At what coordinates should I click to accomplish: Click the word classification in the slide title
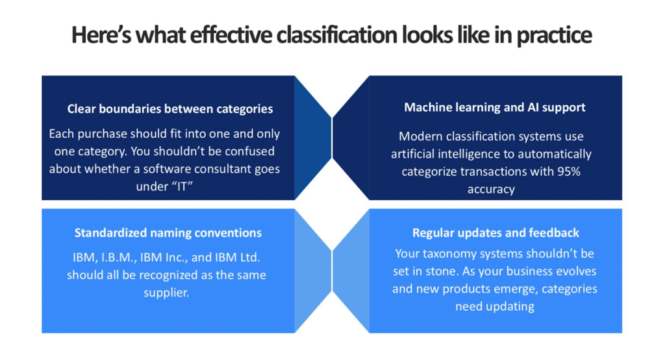[337, 35]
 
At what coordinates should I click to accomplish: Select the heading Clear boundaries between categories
[170, 109]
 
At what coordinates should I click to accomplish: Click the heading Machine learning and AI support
[494, 107]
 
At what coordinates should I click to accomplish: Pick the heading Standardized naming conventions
[168, 233]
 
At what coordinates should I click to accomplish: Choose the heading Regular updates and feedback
[496, 233]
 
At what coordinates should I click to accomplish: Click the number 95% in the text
[569, 172]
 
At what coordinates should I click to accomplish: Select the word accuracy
[491, 189]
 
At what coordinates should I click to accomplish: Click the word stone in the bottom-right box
[442, 271]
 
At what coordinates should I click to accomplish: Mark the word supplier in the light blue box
[166, 293]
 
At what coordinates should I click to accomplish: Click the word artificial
[412, 153]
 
